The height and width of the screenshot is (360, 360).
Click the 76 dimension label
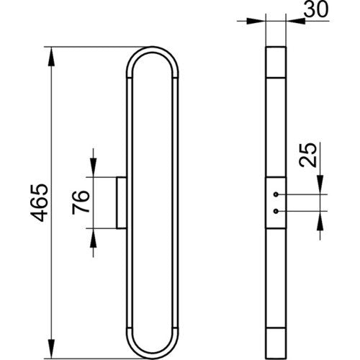pyautogui.click(x=81, y=202)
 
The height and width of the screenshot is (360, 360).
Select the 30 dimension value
pyautogui.click(x=315, y=10)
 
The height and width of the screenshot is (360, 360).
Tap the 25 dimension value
pyautogui.click(x=308, y=155)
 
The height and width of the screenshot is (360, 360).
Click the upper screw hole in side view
pyautogui.click(x=276, y=194)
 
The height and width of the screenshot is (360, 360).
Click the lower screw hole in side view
pyautogui.click(x=276, y=211)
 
